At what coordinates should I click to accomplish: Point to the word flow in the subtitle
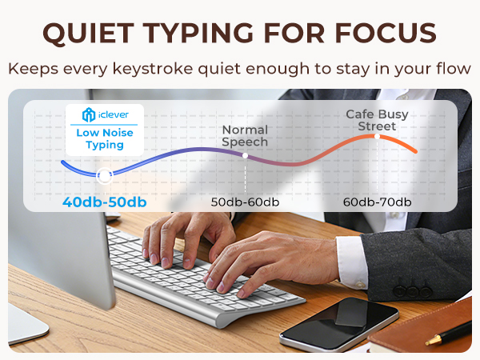point(453,69)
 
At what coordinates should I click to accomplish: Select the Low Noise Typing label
point(105,139)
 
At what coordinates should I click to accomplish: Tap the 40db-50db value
point(104,202)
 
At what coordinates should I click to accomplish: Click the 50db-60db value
point(244,202)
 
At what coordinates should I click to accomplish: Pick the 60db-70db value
point(376,202)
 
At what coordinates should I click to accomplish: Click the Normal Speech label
point(245,136)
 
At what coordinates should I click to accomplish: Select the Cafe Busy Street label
point(376,120)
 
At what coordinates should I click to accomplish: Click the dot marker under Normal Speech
point(245,155)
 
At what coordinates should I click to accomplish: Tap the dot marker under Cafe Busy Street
point(376,136)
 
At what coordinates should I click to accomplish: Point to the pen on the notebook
point(448,336)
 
